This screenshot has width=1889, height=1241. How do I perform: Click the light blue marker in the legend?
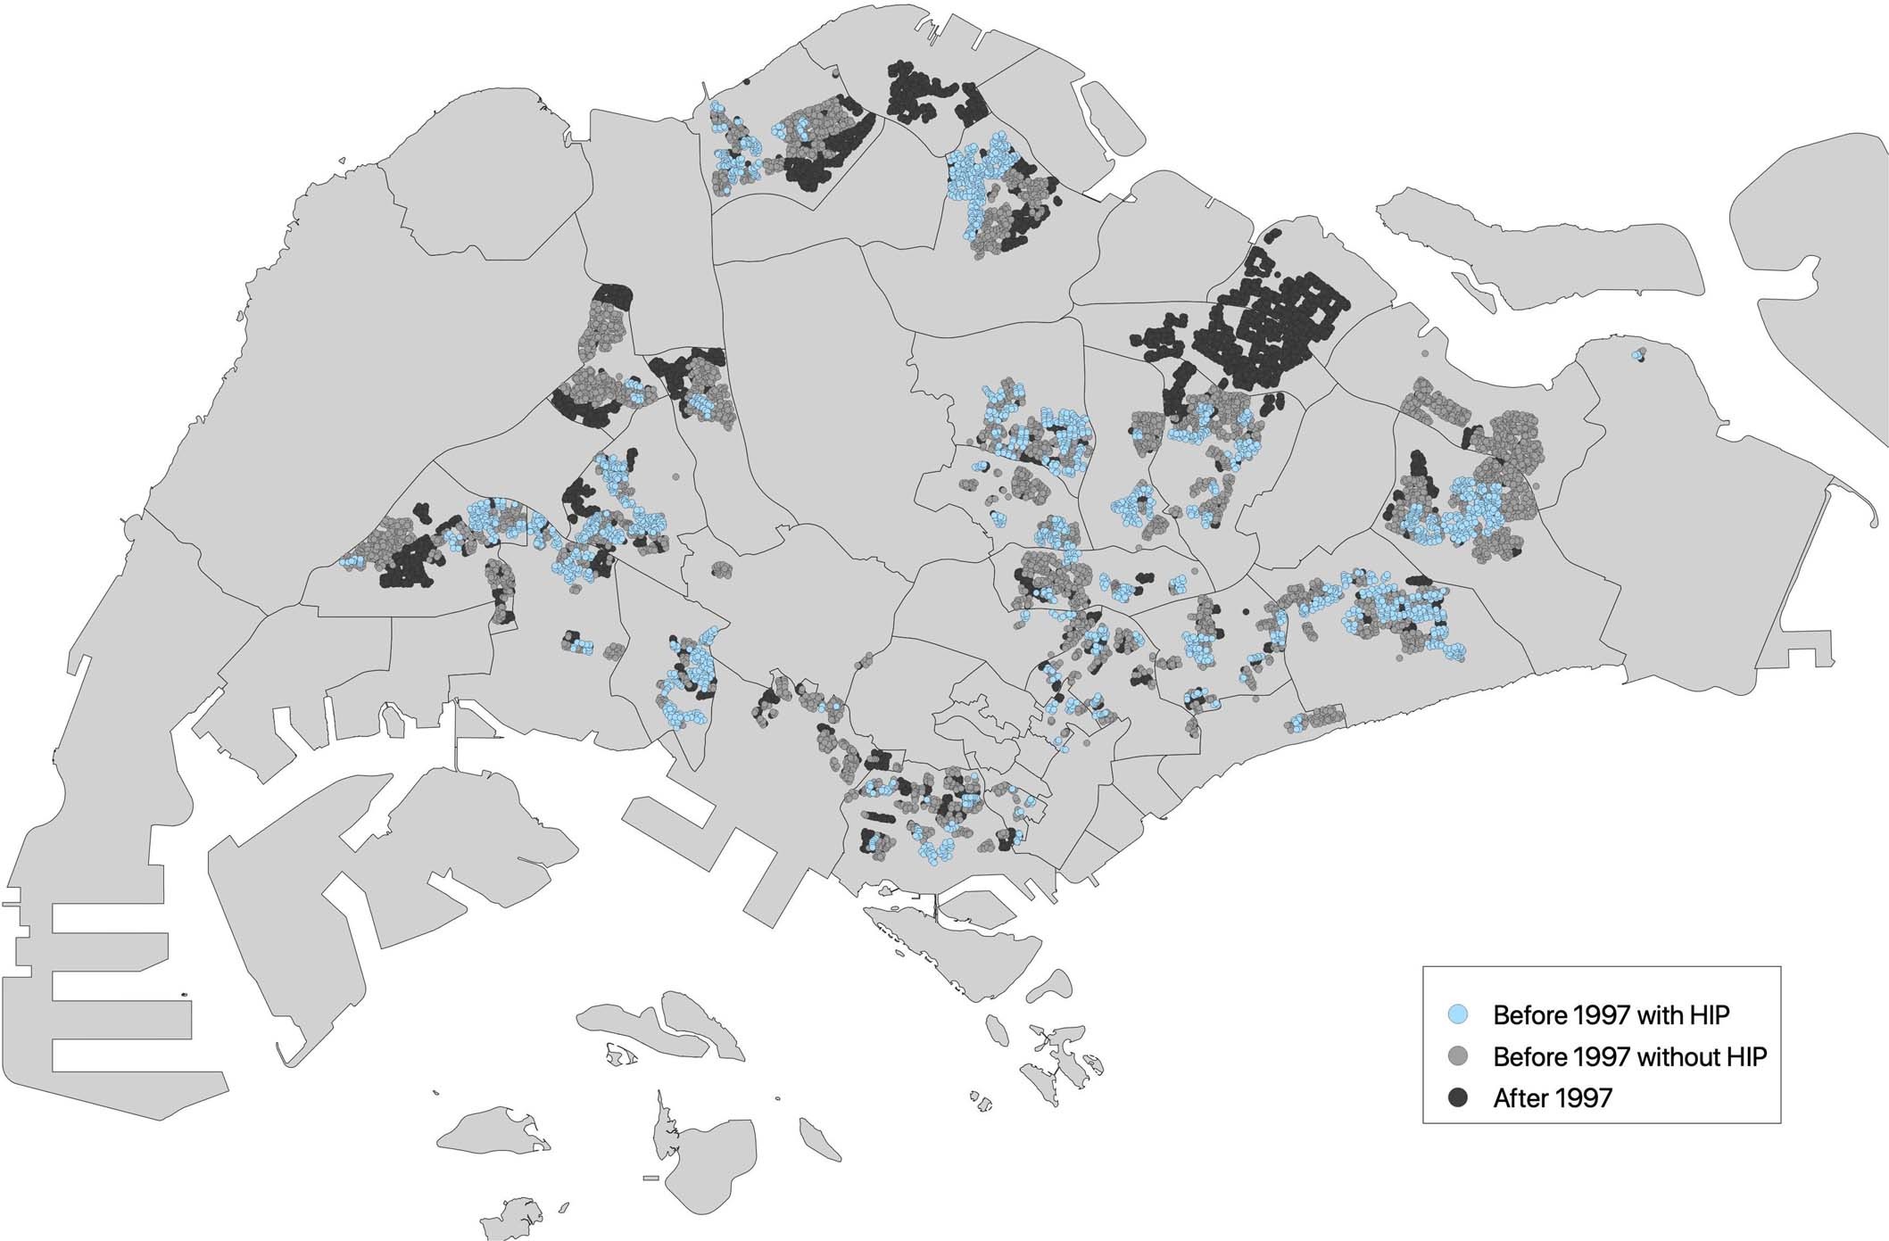tap(1458, 1014)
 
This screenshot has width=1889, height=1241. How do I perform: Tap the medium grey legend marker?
tap(1458, 1056)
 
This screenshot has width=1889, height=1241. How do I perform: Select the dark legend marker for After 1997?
tap(1458, 1097)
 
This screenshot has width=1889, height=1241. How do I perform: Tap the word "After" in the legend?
tap(1517, 1097)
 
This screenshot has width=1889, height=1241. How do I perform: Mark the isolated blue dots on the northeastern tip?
tap(1637, 354)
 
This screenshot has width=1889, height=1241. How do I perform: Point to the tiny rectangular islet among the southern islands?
tap(650, 1179)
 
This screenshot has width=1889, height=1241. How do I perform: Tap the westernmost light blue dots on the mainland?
tap(351, 561)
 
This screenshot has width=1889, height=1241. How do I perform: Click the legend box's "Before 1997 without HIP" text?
tap(1629, 1056)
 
